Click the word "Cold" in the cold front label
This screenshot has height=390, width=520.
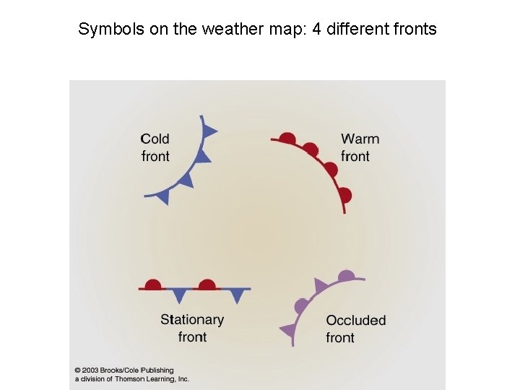point(155,139)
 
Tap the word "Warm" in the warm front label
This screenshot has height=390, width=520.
point(360,139)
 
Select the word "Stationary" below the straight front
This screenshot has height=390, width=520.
point(192,319)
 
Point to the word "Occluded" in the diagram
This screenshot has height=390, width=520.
point(355,320)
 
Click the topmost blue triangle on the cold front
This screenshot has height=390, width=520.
point(209,131)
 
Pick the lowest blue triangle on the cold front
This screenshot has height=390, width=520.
point(163,196)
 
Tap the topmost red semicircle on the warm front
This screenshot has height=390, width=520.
point(287,138)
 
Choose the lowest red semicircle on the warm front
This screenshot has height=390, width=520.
point(344,194)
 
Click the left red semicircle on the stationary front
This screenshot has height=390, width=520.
point(152,285)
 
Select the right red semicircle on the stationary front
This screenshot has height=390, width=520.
point(207,285)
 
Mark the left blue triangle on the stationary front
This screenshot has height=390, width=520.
point(179,295)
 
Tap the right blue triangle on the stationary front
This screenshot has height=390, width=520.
point(236,295)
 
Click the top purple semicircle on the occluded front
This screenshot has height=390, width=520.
point(347,275)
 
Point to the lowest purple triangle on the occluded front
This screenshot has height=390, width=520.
point(287,331)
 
